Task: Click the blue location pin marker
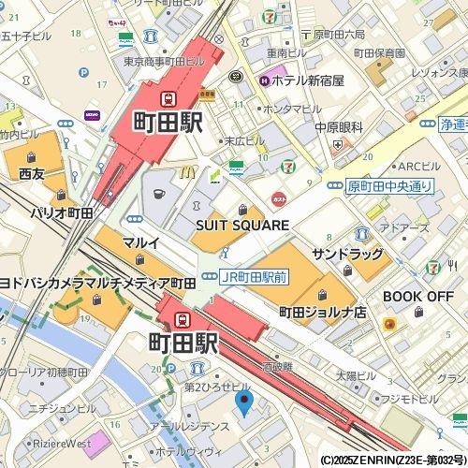[x=243, y=403]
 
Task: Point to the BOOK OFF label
[x=417, y=296]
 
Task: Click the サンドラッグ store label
[x=347, y=254]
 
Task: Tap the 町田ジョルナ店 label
[x=322, y=312]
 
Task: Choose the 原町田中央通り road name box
[x=390, y=185]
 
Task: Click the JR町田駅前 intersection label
[x=254, y=277]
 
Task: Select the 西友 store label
[x=31, y=173]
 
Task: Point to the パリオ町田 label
[x=62, y=213]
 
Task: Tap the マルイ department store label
[x=140, y=243]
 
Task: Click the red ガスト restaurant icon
[x=278, y=198]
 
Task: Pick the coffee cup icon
[x=158, y=194]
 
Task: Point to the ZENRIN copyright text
[x=392, y=461]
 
